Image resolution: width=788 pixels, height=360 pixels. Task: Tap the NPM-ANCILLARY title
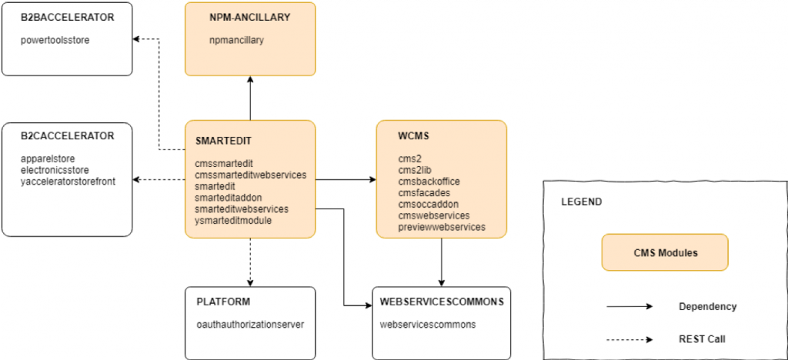coord(249,17)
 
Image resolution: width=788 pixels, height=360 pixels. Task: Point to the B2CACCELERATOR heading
coord(68,136)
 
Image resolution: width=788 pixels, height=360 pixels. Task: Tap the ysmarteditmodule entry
coord(232,220)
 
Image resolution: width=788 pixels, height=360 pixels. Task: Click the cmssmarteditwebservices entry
coord(250,175)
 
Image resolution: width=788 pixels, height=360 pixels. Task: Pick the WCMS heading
coord(401,136)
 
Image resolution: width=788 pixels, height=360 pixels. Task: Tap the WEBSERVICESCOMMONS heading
coord(442,302)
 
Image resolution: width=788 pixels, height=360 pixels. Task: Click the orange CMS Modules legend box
coord(665,252)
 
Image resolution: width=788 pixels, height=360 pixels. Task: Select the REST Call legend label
coord(702,338)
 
